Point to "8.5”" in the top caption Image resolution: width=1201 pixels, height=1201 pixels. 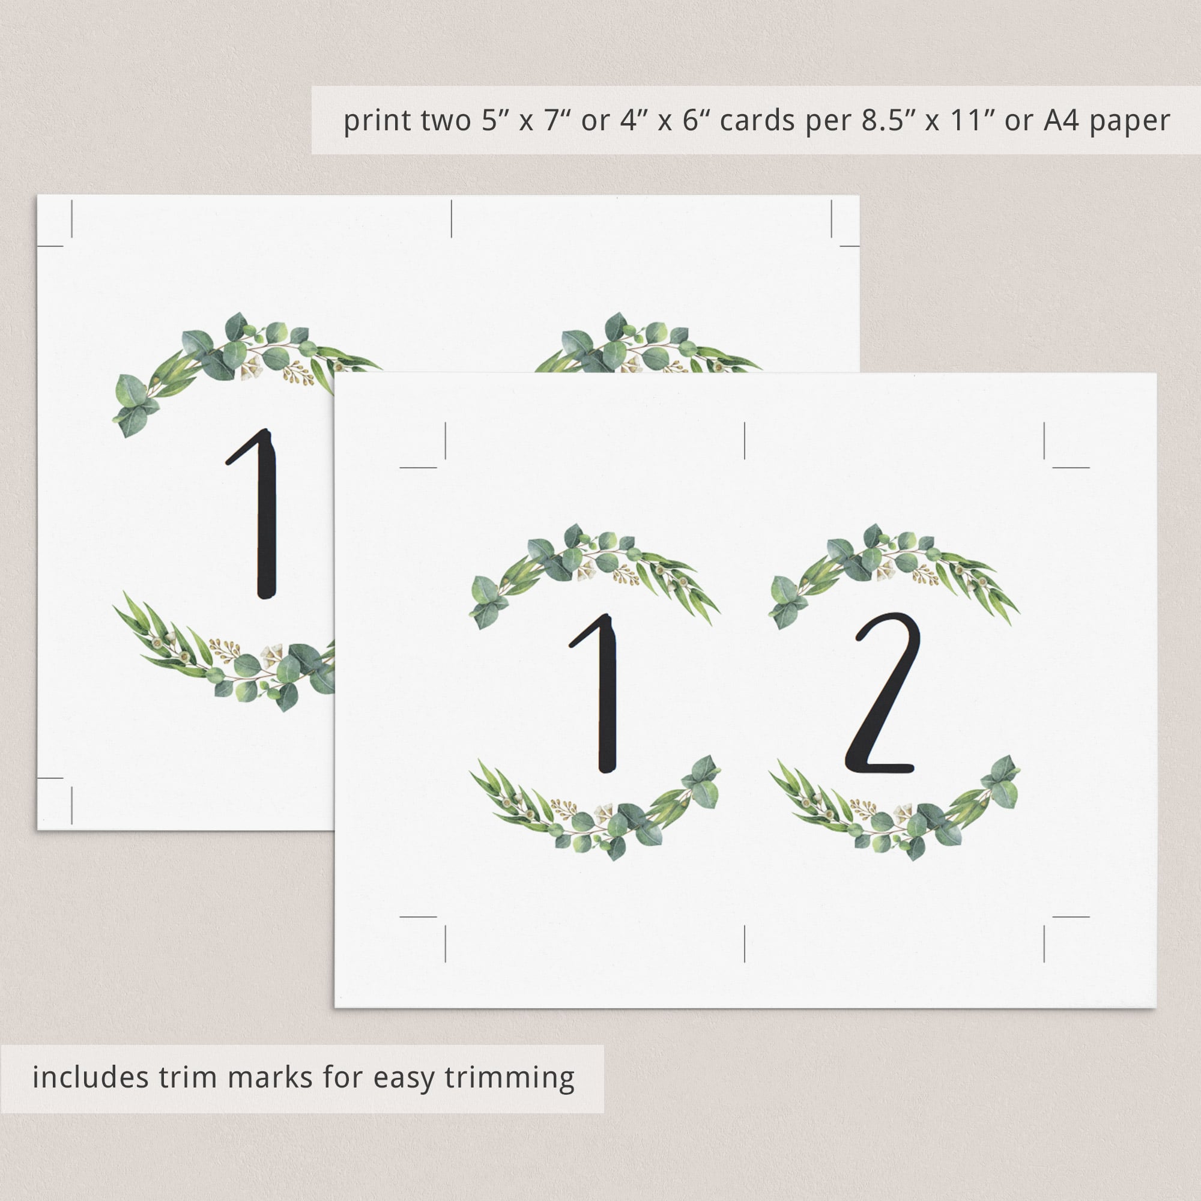[889, 121]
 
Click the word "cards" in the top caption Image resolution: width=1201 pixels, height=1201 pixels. [757, 121]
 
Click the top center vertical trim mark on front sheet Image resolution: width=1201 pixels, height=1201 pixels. [745, 441]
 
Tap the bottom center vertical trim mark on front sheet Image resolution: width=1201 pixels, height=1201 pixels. [745, 961]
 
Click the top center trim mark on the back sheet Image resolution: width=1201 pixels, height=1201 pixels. [452, 219]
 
